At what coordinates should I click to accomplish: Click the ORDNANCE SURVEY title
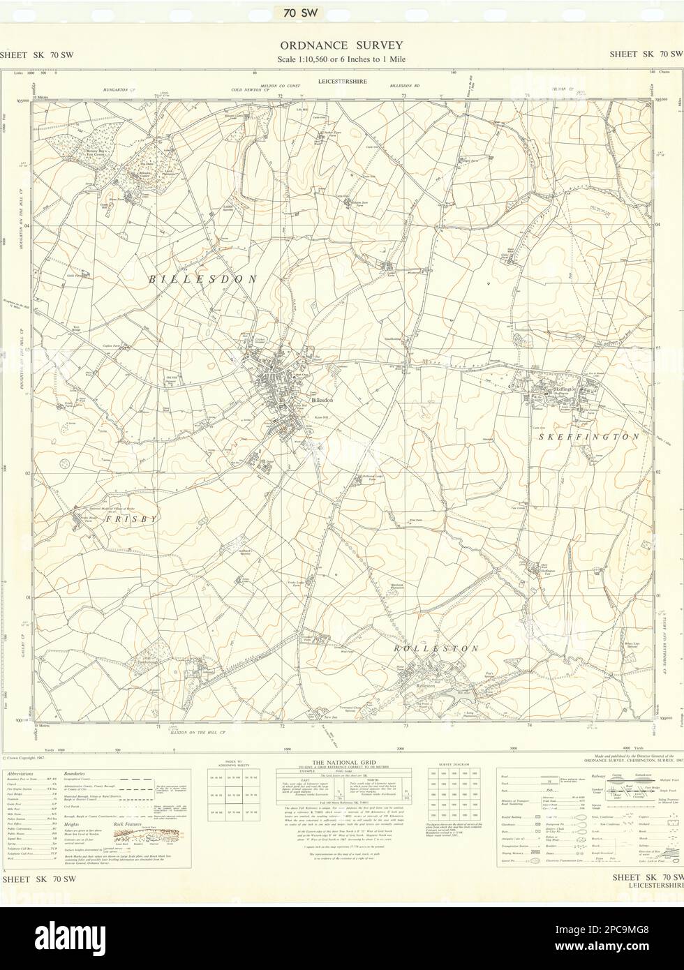(x=341, y=45)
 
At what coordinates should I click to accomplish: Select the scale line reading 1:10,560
(x=341, y=59)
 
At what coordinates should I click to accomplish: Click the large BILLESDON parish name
(x=202, y=278)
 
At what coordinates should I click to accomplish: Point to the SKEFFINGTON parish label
(x=588, y=437)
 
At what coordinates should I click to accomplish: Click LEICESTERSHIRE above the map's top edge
(x=341, y=82)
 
